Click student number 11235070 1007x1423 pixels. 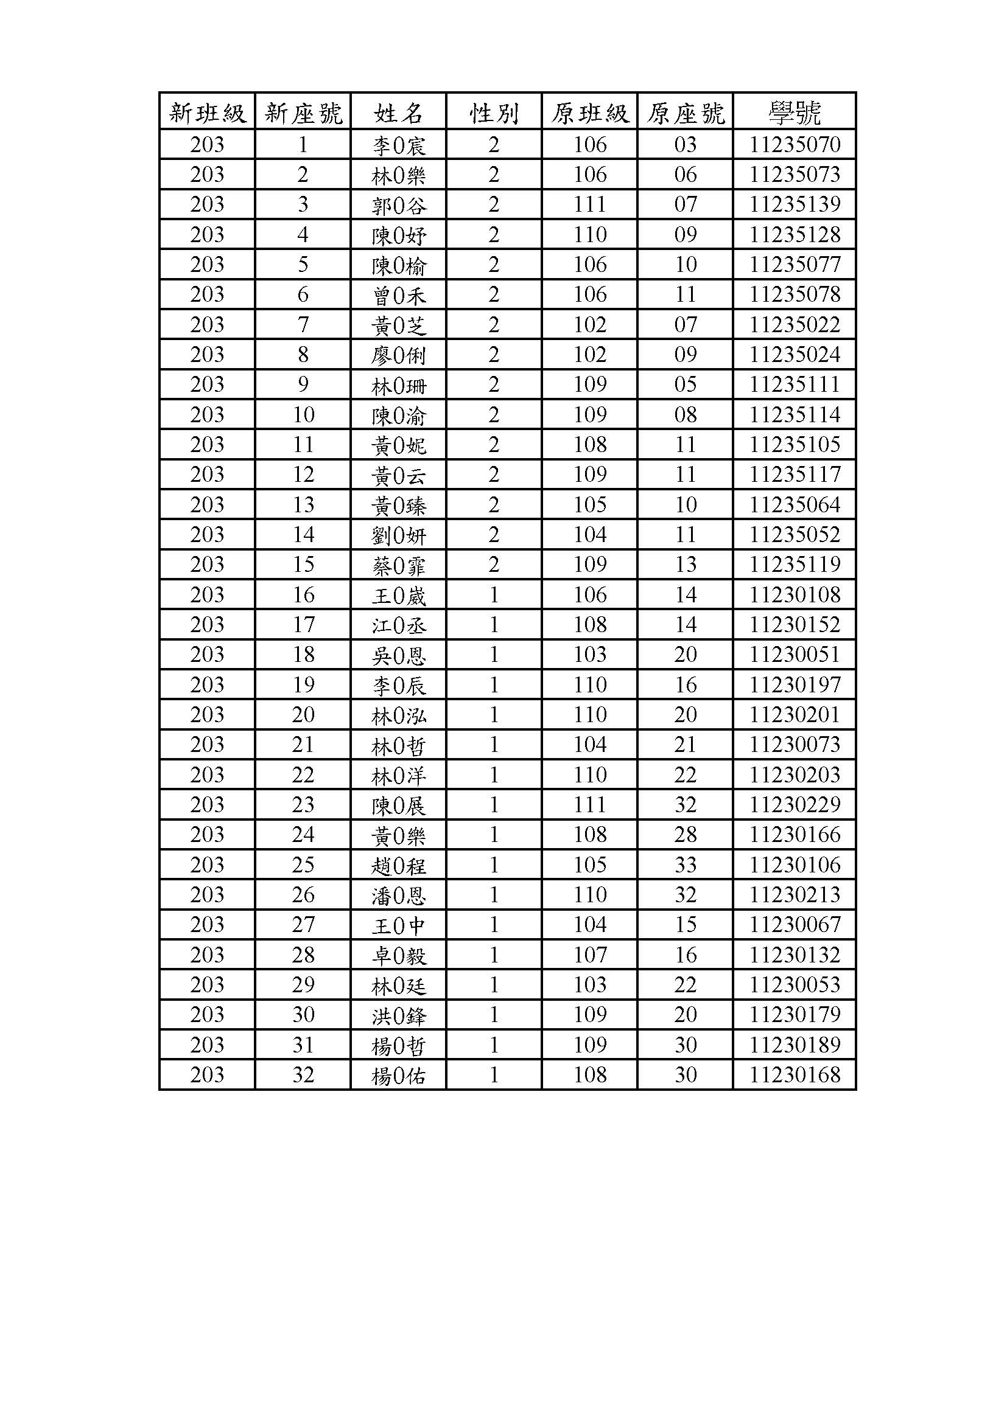coord(795,145)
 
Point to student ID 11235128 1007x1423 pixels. coord(795,235)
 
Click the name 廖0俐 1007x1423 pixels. coord(398,355)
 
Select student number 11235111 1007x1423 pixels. coord(795,385)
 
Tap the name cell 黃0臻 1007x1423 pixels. coord(398,505)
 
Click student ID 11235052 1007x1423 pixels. coord(795,535)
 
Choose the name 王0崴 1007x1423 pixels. coord(398,595)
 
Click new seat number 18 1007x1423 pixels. coord(303,655)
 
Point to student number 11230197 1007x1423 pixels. coord(795,685)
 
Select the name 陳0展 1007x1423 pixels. coord(398,805)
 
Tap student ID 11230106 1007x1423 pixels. coord(795,865)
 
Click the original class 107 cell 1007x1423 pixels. coord(589,955)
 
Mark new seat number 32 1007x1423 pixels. coord(303,1074)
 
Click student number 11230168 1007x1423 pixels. coord(795,1074)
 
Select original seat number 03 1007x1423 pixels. coord(685,145)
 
